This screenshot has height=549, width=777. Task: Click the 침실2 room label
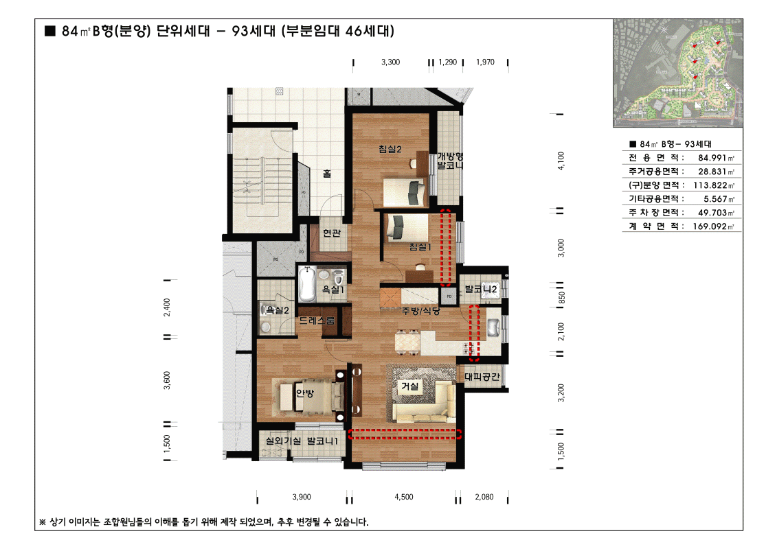coord(389,150)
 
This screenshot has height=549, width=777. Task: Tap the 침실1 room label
coord(419,248)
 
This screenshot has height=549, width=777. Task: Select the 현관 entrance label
coord(332,233)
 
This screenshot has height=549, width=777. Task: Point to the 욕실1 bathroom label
coord(333,290)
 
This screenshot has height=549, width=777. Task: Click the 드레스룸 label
coord(317,320)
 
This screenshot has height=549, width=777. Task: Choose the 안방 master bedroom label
coord(304,394)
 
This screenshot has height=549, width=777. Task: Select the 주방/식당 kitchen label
coord(420,311)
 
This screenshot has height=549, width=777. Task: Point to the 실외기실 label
coord(282,441)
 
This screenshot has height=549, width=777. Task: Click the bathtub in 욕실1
coord(307,285)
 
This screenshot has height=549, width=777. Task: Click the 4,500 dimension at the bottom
coord(404,497)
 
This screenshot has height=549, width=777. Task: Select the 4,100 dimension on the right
coord(561,159)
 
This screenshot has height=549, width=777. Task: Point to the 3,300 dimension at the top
coord(390,62)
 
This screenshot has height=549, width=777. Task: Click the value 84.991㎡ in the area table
coord(711,158)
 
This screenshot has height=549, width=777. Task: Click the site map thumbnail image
coord(677,73)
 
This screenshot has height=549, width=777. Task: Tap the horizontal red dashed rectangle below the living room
coord(404,433)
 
